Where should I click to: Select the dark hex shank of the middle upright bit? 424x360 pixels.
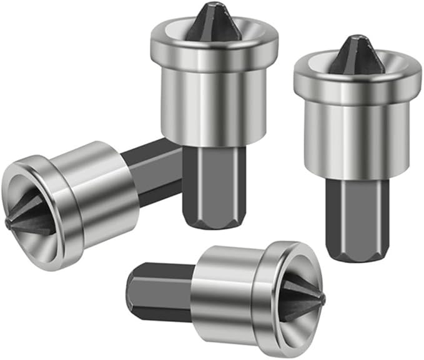[206, 181]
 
